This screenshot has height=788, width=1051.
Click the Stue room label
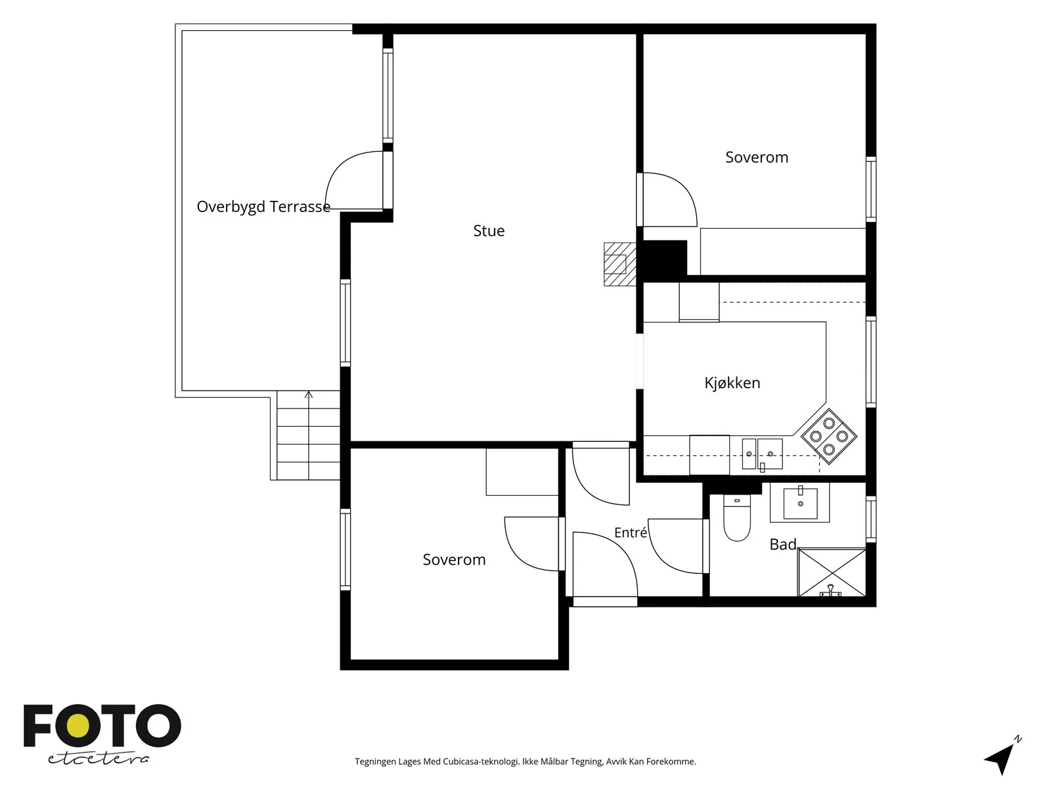point(489,231)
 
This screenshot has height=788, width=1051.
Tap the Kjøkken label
point(732,383)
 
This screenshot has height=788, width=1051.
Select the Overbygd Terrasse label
point(263,207)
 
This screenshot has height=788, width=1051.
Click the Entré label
point(631,532)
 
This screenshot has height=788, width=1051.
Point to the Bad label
point(783,544)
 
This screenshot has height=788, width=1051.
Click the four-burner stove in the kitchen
point(829,436)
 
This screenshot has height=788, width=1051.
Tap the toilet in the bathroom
point(737,518)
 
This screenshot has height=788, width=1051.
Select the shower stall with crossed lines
point(832,572)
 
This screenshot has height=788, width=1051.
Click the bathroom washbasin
point(800,503)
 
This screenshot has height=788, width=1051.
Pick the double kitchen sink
point(762,454)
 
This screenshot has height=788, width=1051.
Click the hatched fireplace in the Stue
point(620,264)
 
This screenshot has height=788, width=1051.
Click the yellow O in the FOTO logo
point(78,726)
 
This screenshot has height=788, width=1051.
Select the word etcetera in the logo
point(98,758)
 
